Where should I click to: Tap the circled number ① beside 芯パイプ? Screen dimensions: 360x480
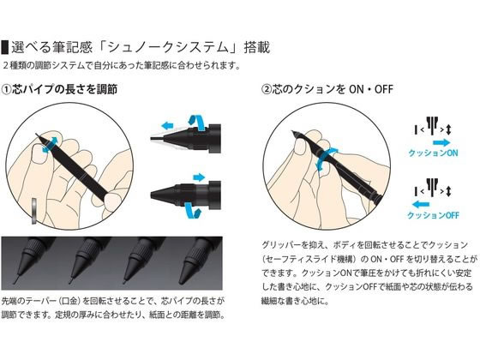click(9, 88)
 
